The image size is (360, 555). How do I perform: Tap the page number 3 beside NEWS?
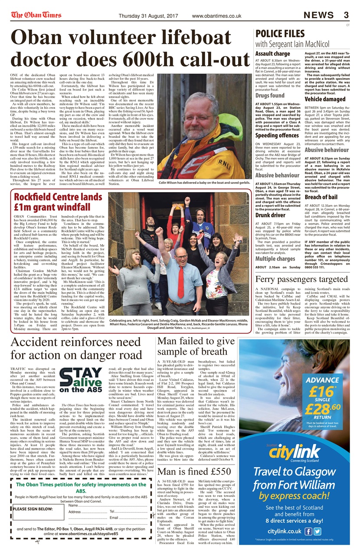[x=346, y=15]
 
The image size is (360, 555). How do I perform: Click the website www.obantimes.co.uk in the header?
[x=216, y=16]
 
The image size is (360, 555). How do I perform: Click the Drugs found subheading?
[x=270, y=95]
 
